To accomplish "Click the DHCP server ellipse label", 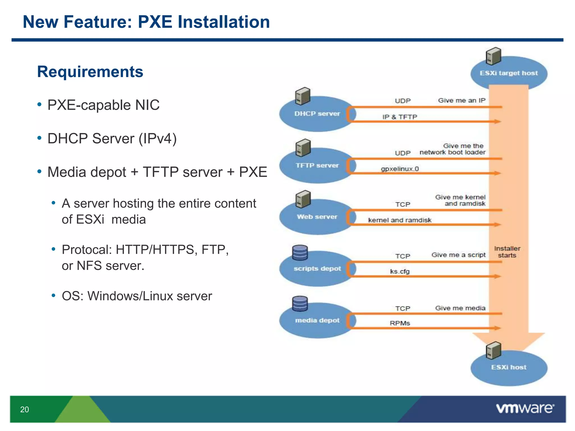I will (x=317, y=114).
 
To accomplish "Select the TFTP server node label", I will (x=317, y=166).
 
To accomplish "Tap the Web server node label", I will (x=317, y=217).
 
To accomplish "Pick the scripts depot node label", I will (x=317, y=269).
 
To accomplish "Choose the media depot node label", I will (x=317, y=320).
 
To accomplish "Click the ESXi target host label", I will (x=508, y=73).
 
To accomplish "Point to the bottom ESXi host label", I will (x=508, y=367).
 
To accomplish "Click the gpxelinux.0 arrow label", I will (x=400, y=169).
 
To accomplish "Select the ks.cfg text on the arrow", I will (x=400, y=271).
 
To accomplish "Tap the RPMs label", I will (x=400, y=323).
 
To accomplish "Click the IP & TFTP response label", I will (x=400, y=117).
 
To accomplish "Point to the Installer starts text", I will (x=507, y=252).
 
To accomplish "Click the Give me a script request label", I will (x=458, y=255).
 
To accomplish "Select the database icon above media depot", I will (x=300, y=304).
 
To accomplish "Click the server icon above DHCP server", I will (x=303, y=96).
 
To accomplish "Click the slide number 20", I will (x=24, y=409).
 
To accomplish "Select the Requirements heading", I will (x=90, y=72).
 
